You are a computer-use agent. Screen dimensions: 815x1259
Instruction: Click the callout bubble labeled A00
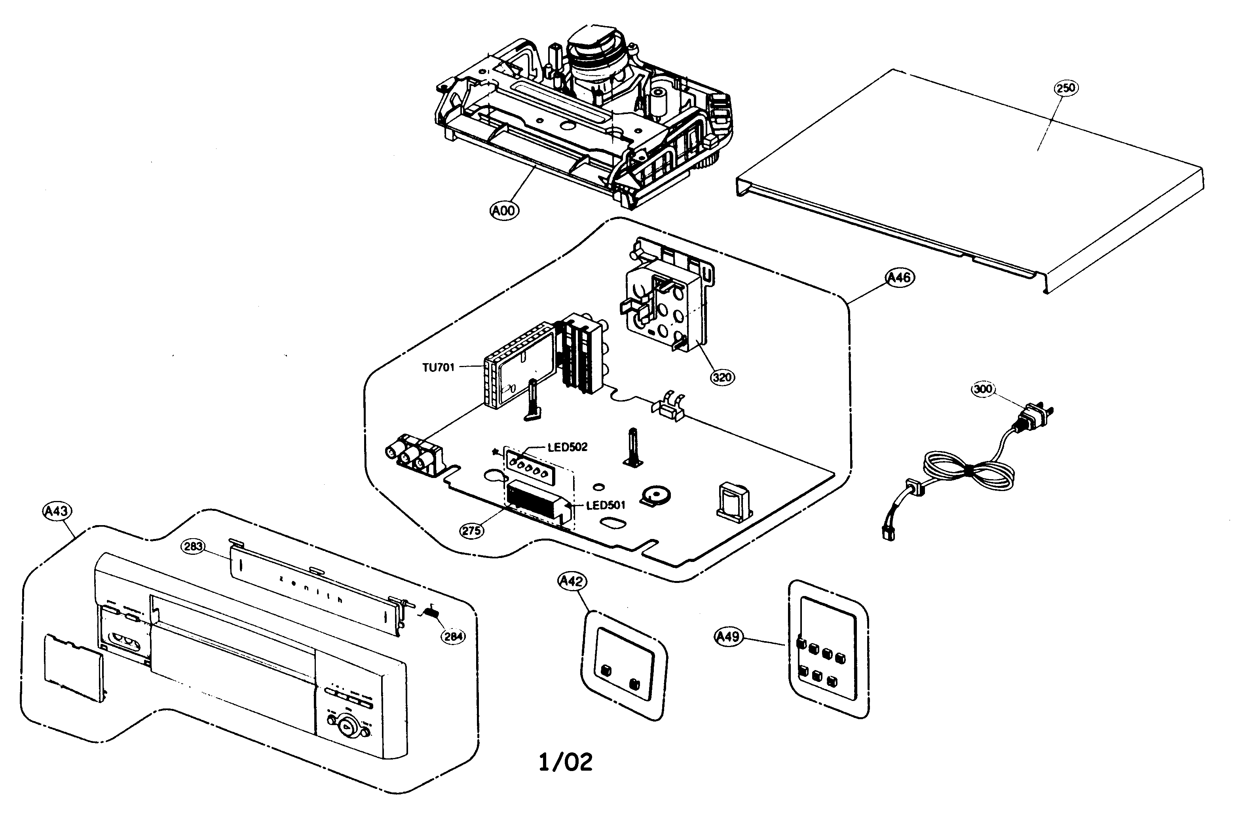pyautogui.click(x=504, y=211)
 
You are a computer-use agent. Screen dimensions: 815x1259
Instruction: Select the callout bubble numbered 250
pyautogui.click(x=1065, y=88)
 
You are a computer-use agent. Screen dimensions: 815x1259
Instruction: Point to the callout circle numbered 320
pyautogui.click(x=722, y=377)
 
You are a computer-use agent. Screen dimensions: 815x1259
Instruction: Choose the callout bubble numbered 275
pyautogui.click(x=471, y=530)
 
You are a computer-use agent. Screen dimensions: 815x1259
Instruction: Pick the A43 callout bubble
pyautogui.click(x=56, y=511)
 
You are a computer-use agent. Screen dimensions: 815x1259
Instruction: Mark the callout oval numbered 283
pyautogui.click(x=193, y=546)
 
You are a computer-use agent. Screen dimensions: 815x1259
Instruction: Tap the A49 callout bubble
pyautogui.click(x=728, y=637)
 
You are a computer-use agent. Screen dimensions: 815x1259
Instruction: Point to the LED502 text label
pyautogui.click(x=568, y=447)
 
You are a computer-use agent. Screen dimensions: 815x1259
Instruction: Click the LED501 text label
pyautogui.click(x=606, y=505)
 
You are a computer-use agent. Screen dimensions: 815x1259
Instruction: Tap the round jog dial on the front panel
pyautogui.click(x=347, y=727)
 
